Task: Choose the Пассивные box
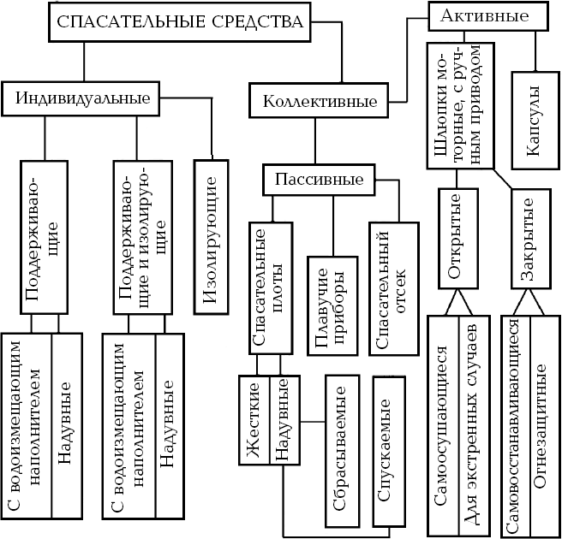pos(319,181)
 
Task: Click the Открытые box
pos(457,240)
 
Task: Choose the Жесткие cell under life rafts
pos(254,421)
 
